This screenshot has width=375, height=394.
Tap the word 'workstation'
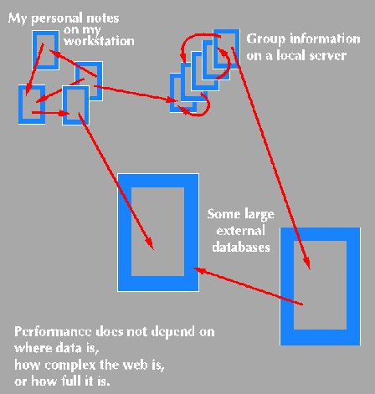[x=99, y=41]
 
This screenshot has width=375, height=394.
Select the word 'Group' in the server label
[x=265, y=39]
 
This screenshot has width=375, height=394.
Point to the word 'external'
[x=240, y=231]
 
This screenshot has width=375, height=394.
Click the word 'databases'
[x=241, y=248]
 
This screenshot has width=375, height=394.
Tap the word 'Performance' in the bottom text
[x=53, y=331]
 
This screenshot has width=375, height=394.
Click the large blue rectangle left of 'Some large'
[x=125, y=233]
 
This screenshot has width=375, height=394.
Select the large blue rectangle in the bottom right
[x=287, y=287]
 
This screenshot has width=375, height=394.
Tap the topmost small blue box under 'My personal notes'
[x=34, y=50]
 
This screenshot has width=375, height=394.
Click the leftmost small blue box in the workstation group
[x=20, y=105]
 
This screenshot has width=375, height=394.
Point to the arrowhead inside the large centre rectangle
[x=150, y=243]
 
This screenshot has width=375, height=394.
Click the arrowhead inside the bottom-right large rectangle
[x=307, y=263]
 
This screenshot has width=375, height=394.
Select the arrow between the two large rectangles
[x=248, y=286]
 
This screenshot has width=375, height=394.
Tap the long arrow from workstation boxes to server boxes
[x=136, y=93]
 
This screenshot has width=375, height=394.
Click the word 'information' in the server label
[x=325, y=38]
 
